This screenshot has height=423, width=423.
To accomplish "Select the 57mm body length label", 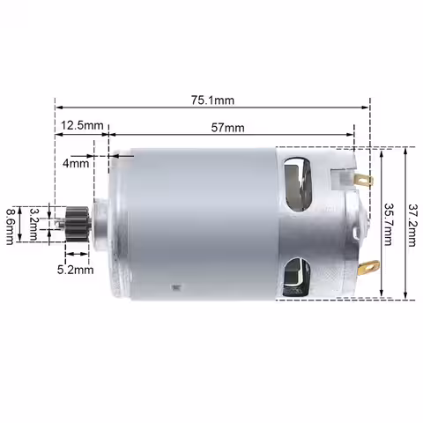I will (228, 128).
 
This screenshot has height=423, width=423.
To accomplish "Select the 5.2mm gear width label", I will (76, 270).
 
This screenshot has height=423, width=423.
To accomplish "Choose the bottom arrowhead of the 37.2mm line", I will (404, 298).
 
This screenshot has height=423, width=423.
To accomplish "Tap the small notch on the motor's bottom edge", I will (182, 287).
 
